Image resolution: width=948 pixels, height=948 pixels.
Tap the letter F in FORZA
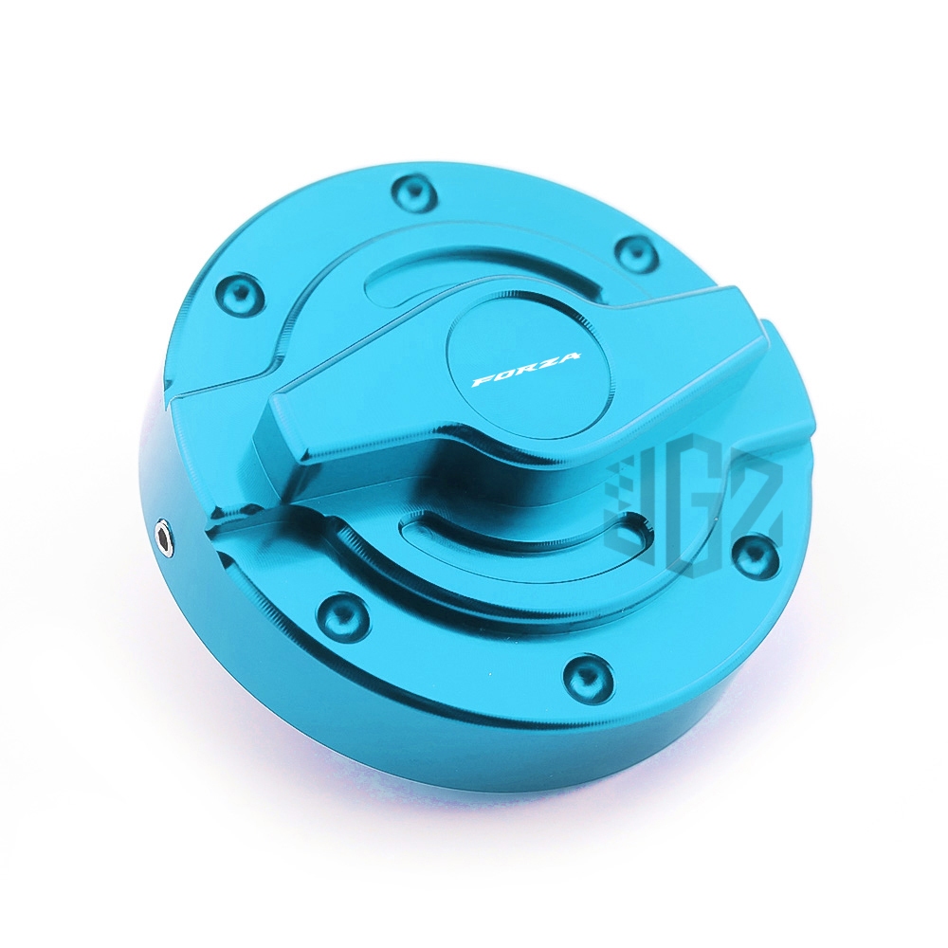point(482,380)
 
